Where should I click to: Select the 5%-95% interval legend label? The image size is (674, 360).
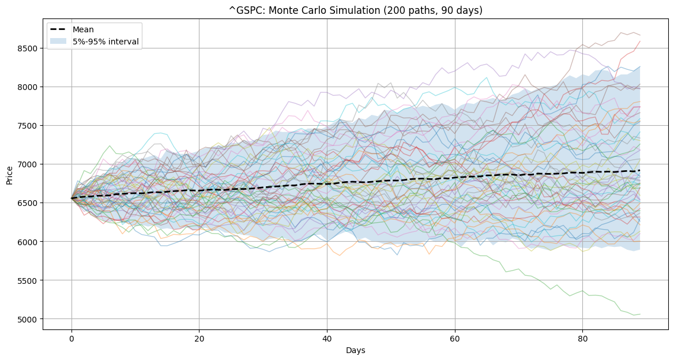[x=106, y=42]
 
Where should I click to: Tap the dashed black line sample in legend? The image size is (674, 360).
[x=59, y=29]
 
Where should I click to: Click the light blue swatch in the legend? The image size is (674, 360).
[x=59, y=42]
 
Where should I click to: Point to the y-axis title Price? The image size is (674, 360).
[x=9, y=174]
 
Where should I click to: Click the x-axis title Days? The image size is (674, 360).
[x=356, y=350]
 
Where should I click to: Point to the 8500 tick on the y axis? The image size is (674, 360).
[x=27, y=48]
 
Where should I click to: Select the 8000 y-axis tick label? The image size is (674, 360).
[x=27, y=87]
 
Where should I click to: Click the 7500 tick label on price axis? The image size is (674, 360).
[x=27, y=126]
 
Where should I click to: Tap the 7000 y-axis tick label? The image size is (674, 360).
[x=27, y=164]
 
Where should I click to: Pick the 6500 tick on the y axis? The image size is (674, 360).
[x=27, y=203]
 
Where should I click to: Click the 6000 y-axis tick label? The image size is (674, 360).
[x=27, y=242]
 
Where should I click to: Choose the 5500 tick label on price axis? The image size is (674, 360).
[x=27, y=280]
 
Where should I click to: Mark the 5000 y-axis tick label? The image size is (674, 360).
[x=27, y=319]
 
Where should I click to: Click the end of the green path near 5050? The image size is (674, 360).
[x=639, y=314]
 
